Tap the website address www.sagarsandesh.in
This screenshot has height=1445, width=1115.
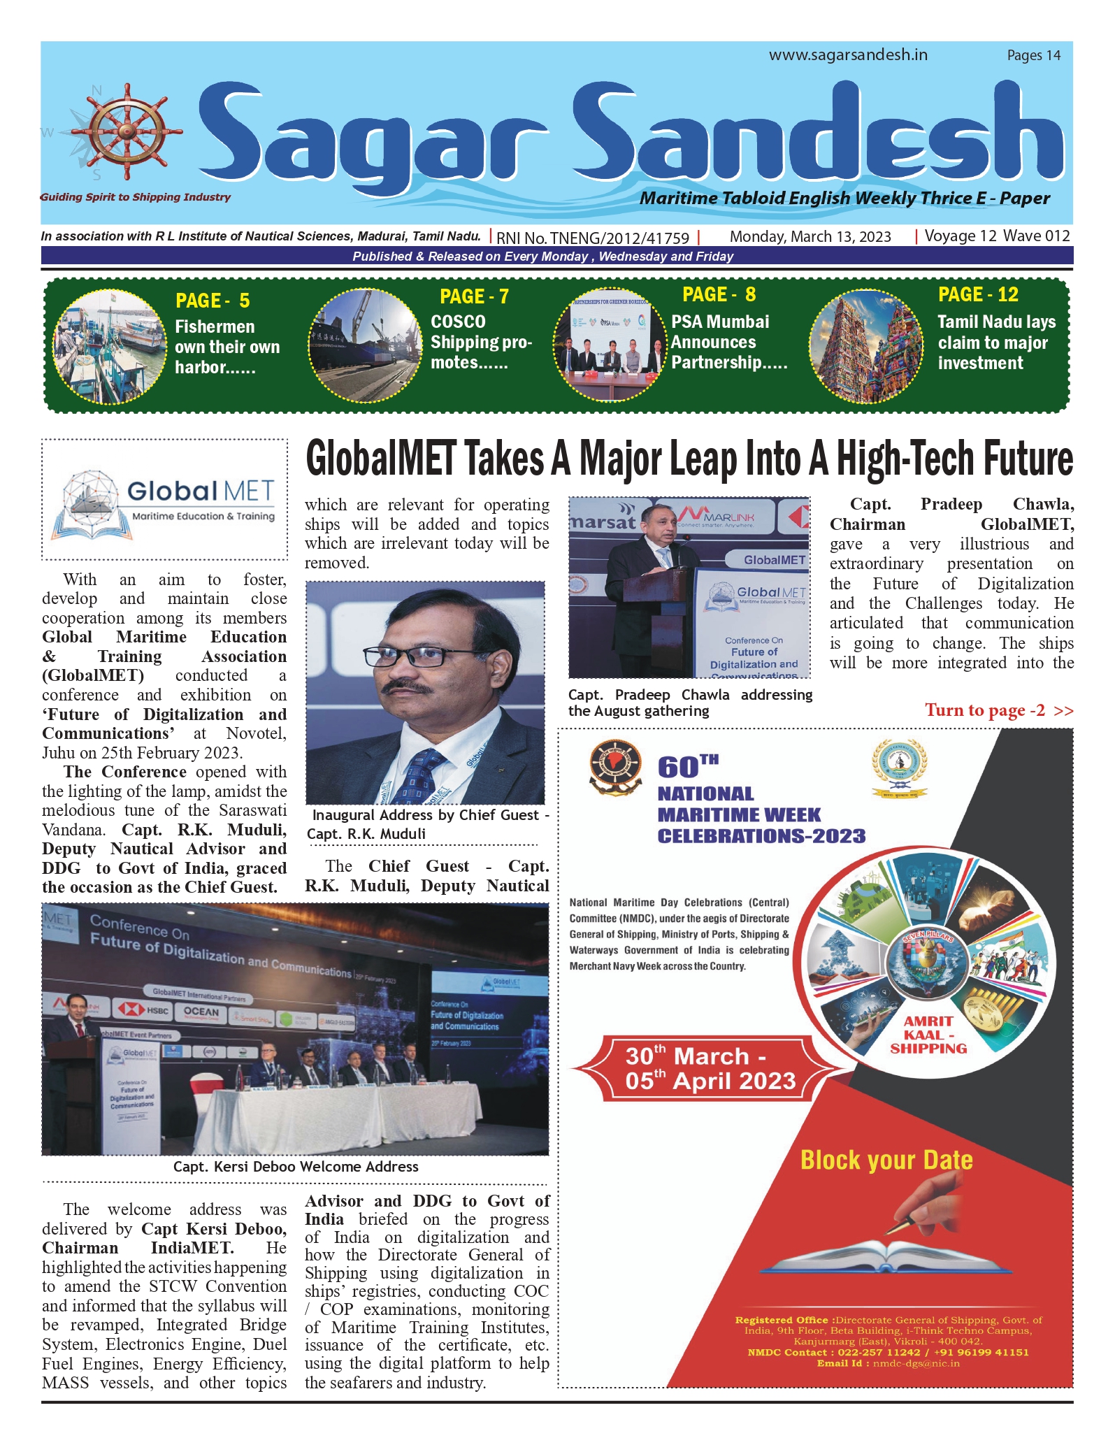tap(848, 55)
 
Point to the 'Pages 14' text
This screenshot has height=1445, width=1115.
tap(1033, 55)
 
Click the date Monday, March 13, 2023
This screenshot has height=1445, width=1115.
tap(810, 236)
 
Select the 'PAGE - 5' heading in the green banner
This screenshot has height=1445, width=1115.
tap(213, 301)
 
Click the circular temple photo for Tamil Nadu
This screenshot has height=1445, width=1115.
tap(865, 345)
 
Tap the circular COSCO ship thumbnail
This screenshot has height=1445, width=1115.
tap(365, 345)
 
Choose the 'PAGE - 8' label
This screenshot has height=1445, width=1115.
tap(719, 294)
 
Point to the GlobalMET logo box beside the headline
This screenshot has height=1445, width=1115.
tap(165, 499)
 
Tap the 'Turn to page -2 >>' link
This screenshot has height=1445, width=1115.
tap(998, 710)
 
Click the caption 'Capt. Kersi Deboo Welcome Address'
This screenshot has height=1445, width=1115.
tap(296, 1167)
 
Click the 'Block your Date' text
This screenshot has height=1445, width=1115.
tap(886, 1160)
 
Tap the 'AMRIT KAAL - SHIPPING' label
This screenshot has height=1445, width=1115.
tap(928, 1035)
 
